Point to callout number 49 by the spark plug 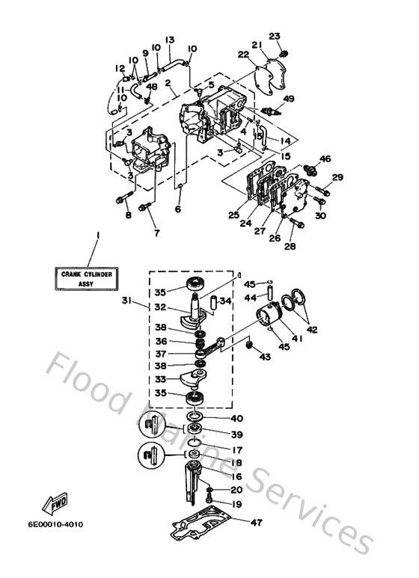click(289, 99)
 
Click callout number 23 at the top click(274, 36)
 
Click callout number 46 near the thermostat click(325, 159)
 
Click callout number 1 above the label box click(97, 236)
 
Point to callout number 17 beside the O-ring click(238, 451)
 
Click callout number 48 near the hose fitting click(153, 86)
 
